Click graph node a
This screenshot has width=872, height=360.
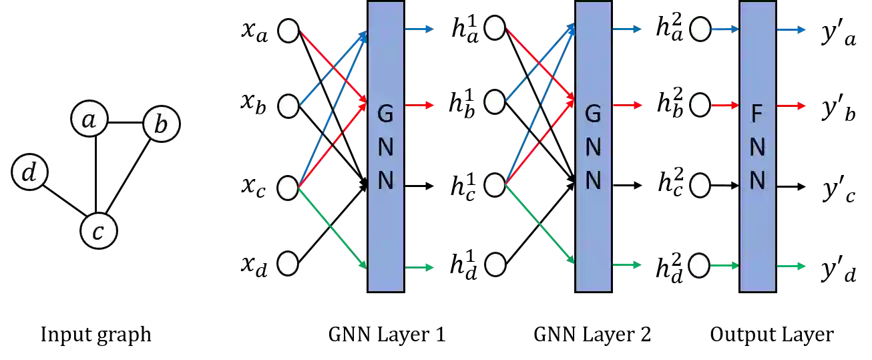click(89, 120)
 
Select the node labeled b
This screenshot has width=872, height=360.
click(162, 125)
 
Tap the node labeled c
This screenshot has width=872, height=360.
click(98, 232)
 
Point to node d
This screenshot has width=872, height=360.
click(29, 173)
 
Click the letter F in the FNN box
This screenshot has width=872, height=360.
click(757, 115)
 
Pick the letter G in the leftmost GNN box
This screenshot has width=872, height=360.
click(386, 115)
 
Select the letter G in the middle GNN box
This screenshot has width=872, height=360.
click(593, 115)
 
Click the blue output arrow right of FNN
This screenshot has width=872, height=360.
click(792, 31)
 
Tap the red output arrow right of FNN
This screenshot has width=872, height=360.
click(792, 106)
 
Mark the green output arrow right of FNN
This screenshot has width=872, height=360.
click(792, 266)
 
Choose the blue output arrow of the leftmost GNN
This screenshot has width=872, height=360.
click(421, 29)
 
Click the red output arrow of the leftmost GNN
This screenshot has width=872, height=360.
click(421, 106)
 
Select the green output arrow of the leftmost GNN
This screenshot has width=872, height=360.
click(421, 267)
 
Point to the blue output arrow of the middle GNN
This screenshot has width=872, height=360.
click(628, 29)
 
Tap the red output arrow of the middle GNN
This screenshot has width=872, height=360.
click(628, 106)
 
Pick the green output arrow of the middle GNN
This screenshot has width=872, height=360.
click(628, 266)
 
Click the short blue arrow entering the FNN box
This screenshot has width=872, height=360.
click(724, 29)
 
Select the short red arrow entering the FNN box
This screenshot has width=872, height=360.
click(724, 105)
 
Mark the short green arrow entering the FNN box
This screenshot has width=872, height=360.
click(724, 266)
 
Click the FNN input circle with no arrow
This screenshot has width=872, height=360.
click(700, 186)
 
